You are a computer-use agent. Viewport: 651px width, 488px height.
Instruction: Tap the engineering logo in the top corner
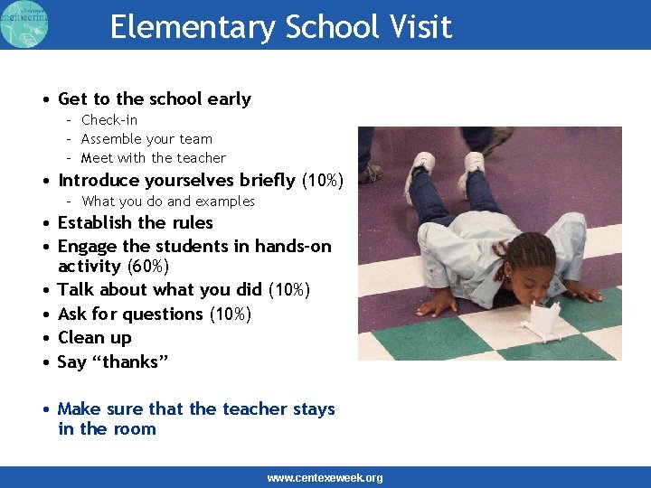point(25,24)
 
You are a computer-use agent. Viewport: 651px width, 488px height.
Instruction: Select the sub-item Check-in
point(109,120)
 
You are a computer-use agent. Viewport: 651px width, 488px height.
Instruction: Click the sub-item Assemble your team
point(146,139)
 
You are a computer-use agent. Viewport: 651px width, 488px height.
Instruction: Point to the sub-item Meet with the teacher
point(153,158)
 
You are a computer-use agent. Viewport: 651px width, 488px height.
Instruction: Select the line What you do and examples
point(168,202)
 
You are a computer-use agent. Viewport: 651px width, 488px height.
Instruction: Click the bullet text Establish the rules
point(136,223)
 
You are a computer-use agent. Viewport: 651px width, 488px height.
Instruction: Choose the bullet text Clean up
point(95,338)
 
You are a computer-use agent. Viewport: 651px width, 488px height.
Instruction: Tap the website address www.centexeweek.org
point(325,478)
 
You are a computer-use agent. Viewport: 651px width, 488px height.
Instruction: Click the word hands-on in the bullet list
point(293,247)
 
